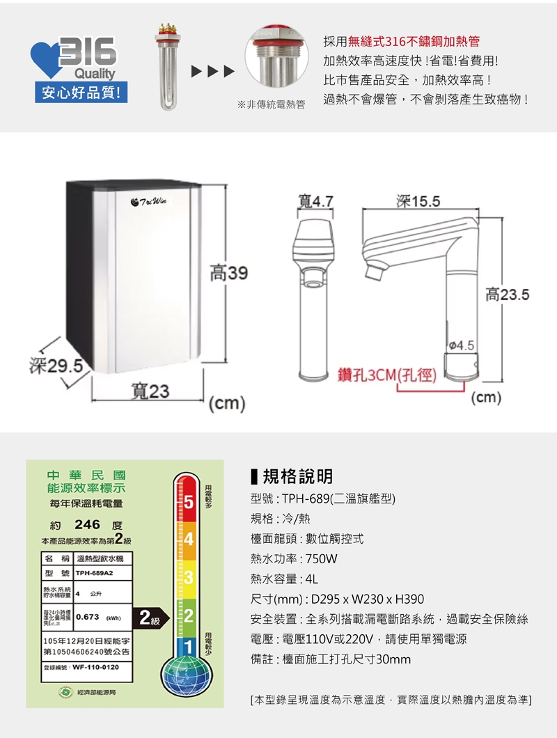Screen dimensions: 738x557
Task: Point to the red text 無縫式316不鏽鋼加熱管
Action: point(414,42)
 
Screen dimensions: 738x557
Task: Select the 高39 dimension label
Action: point(228,274)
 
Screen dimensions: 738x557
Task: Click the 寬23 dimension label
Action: point(150,391)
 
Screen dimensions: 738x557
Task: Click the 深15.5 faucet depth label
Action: point(418,202)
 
